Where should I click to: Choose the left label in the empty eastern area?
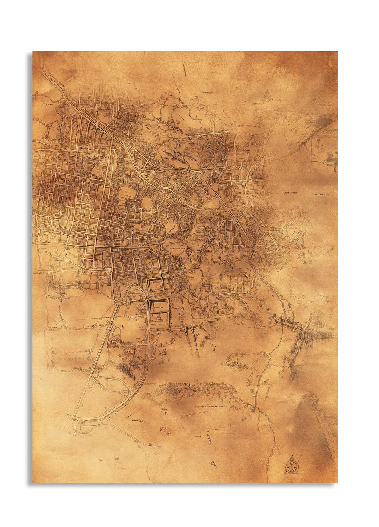click(289, 193)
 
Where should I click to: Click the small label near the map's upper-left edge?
click(47, 103)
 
